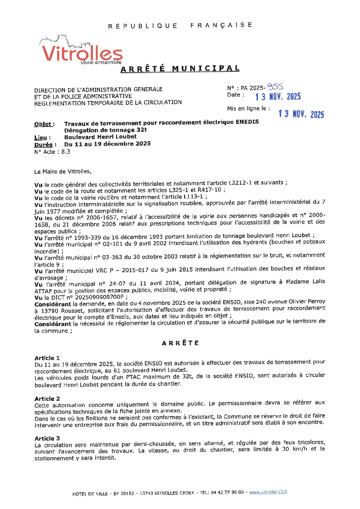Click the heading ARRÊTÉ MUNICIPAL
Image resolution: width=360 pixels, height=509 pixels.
click(x=180, y=69)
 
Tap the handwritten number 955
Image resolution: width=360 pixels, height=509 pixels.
click(x=275, y=87)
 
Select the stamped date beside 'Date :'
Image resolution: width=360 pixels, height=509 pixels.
click(x=278, y=97)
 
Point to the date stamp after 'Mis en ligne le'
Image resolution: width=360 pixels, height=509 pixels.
click(x=301, y=114)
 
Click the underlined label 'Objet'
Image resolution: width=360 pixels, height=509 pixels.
click(x=44, y=124)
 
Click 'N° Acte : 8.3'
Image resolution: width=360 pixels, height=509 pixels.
click(x=52, y=152)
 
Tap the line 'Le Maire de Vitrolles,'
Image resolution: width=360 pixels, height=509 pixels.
click(x=63, y=171)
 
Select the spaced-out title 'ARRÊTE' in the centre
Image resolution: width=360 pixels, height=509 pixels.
click(x=180, y=343)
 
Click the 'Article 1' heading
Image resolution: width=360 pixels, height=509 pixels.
click(x=47, y=358)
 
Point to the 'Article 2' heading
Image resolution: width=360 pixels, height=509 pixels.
click(x=47, y=398)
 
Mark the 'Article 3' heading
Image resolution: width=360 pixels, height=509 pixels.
click(x=47, y=438)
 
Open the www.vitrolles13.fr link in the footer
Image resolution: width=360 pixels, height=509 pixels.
click(x=268, y=492)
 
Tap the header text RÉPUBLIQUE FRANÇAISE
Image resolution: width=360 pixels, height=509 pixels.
click(x=180, y=26)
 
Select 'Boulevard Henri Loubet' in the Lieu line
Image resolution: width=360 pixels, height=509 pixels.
click(x=100, y=137)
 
